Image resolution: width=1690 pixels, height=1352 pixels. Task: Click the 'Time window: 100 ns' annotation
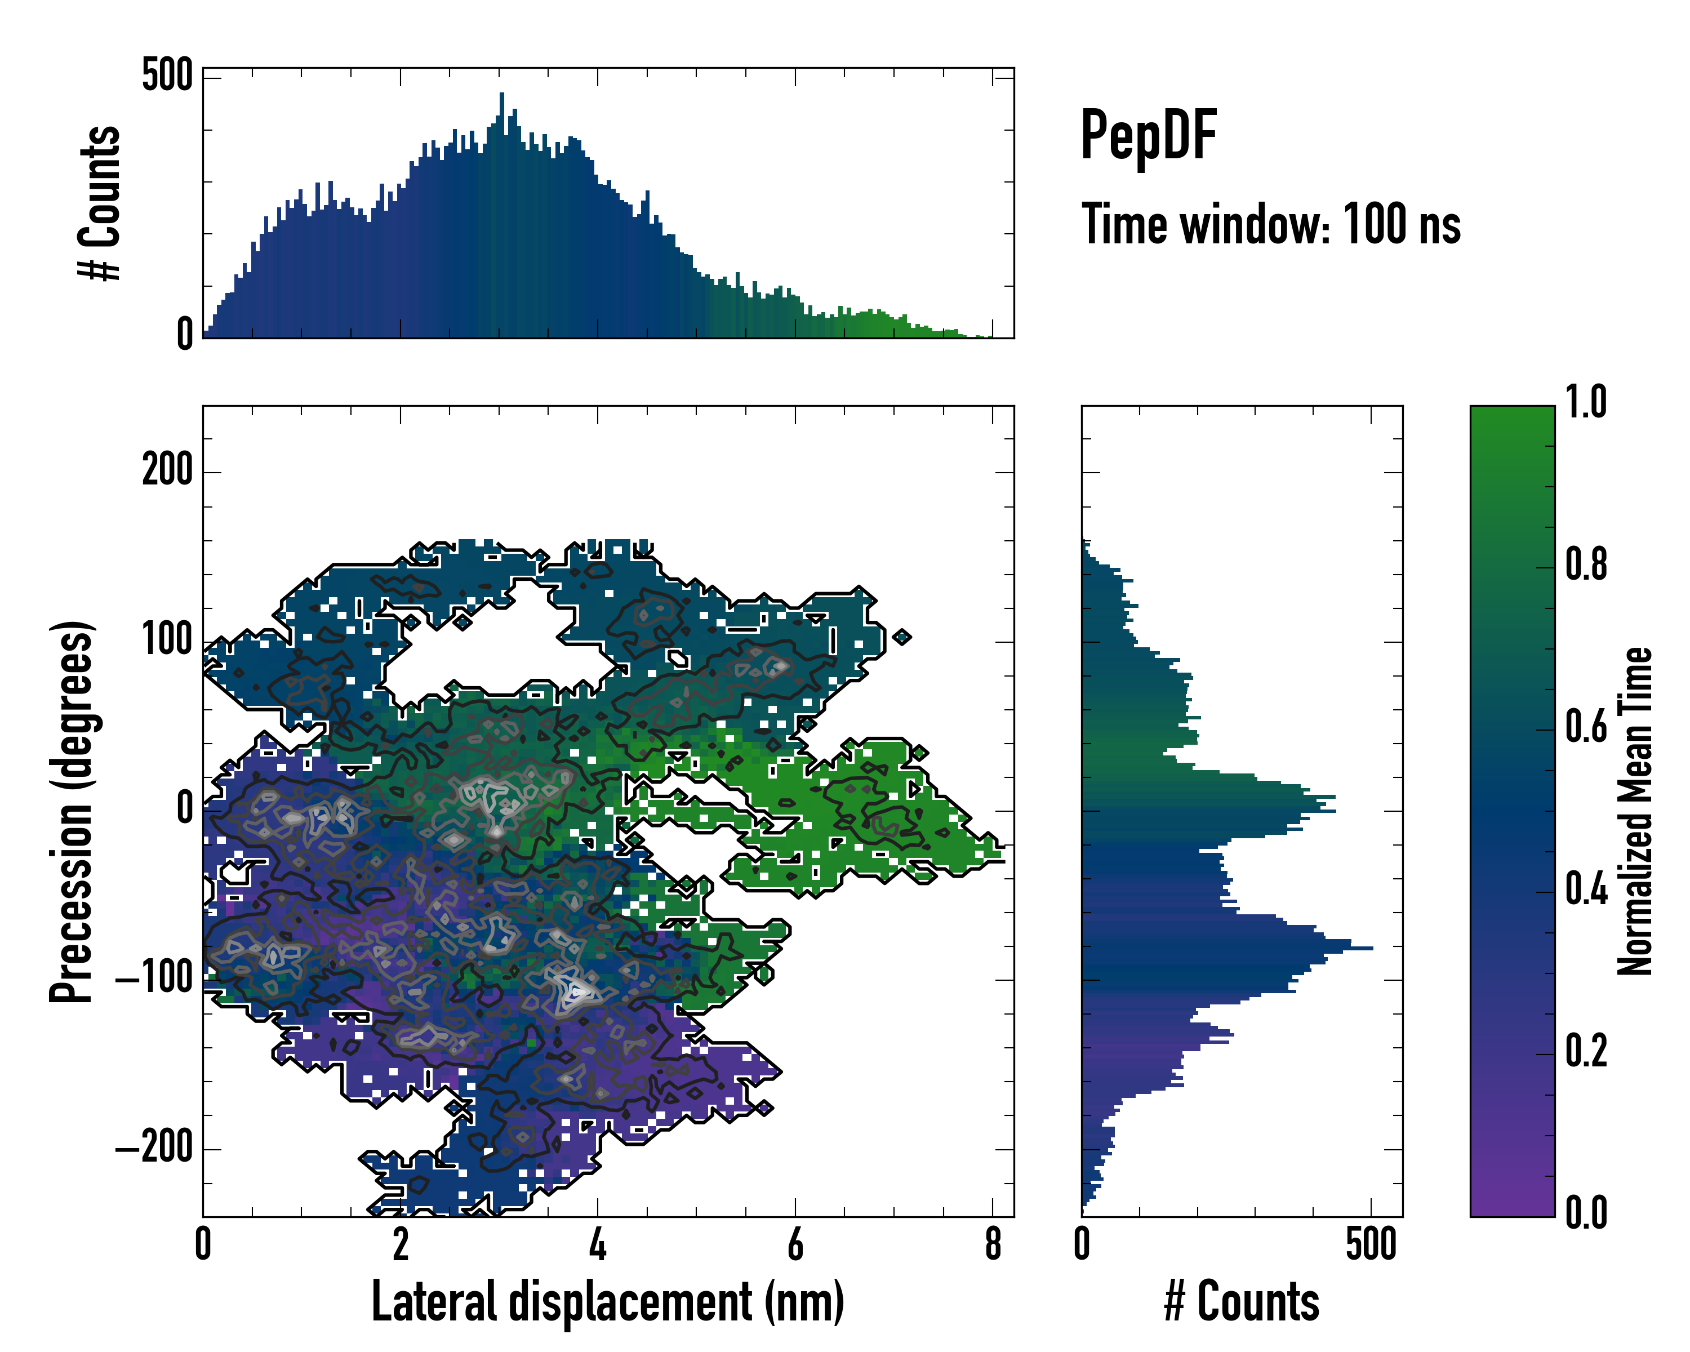[1271, 225]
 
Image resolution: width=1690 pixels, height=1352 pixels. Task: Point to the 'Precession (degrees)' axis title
[72, 811]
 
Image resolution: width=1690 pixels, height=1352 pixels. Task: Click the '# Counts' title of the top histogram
[100, 203]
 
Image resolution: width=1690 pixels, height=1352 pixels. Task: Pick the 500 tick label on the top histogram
[167, 76]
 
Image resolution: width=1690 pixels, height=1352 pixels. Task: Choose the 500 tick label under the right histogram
[1371, 1244]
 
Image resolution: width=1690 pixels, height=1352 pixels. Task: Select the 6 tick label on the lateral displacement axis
[795, 1244]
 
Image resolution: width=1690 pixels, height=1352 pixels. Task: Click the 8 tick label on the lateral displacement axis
[993, 1244]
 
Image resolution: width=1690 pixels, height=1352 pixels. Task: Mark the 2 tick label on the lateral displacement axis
[401, 1244]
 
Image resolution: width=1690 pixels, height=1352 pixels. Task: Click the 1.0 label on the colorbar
[1586, 403]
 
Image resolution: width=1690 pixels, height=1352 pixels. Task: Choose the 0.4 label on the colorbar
[1586, 891]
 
